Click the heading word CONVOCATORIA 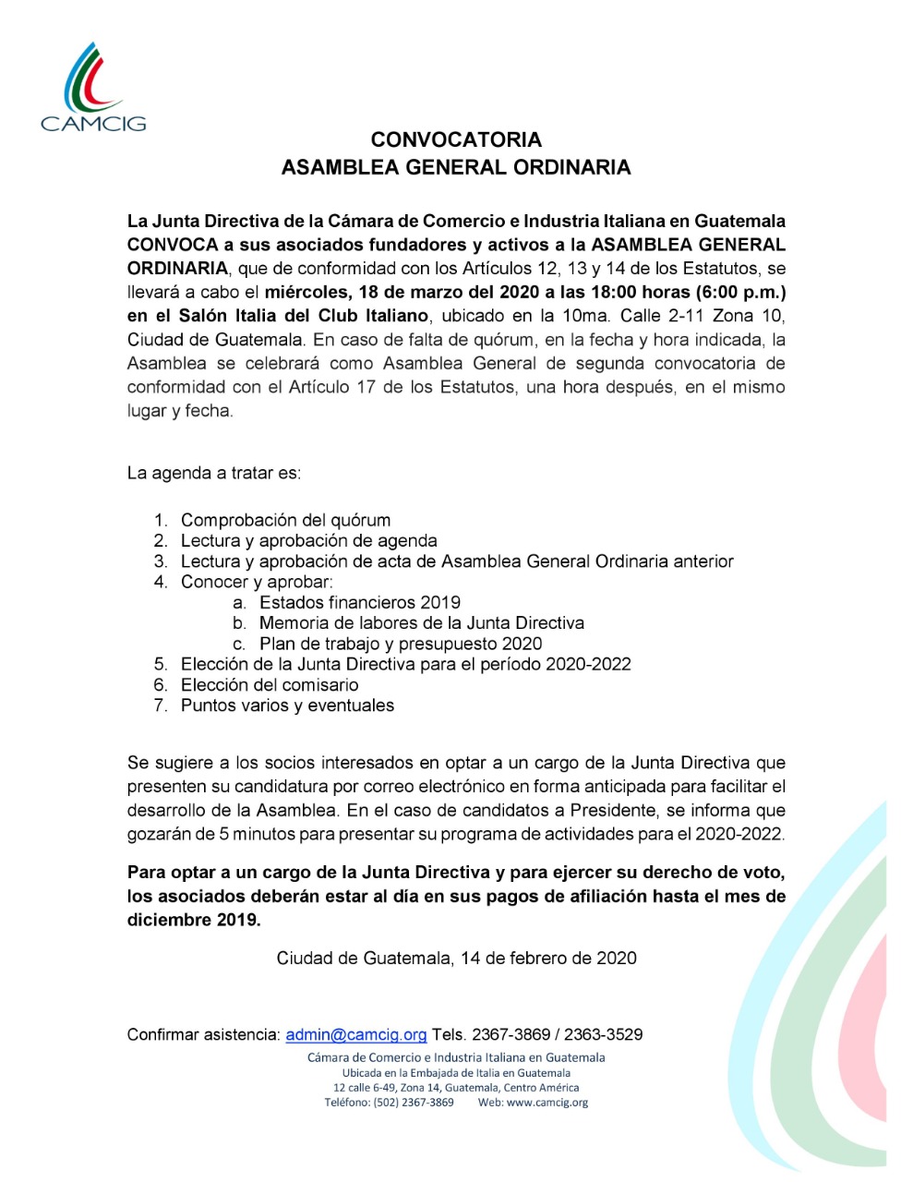(456, 140)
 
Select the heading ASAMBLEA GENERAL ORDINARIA (456, 167)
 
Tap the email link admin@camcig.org (356, 1034)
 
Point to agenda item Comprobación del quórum (285, 520)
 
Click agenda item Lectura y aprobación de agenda (308, 540)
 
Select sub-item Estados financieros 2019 (359, 602)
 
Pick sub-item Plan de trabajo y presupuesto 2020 (400, 644)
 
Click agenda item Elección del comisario (270, 684)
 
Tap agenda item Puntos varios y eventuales (287, 706)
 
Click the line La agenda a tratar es (214, 473)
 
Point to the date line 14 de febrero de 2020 (456, 958)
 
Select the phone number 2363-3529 (604, 1034)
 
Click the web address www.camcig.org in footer (547, 1102)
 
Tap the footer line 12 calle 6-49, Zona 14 (456, 1088)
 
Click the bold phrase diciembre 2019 (194, 920)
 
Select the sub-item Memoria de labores (421, 623)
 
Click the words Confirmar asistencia (203, 1034)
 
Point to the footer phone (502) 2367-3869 (414, 1102)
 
